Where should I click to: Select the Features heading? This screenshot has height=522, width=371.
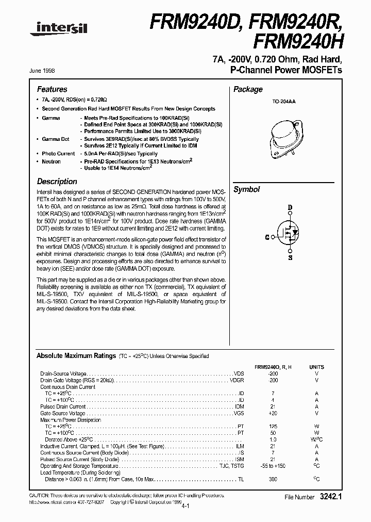(52, 89)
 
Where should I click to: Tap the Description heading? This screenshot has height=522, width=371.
(57, 182)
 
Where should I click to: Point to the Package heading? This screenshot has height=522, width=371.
(248, 89)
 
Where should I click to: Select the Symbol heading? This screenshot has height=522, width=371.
(247, 189)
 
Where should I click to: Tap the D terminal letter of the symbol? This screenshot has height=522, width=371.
(290, 208)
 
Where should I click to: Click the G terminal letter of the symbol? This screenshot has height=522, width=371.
(267, 237)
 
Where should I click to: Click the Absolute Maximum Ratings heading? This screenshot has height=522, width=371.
(76, 356)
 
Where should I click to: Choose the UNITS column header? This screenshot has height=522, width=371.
(316, 367)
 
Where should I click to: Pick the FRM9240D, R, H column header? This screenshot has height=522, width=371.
(274, 367)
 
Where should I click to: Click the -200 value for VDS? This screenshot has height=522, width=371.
(273, 373)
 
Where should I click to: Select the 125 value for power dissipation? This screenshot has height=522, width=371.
(273, 427)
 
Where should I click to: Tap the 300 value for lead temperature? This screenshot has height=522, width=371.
(273, 480)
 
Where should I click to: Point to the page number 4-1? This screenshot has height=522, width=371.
(185, 507)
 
